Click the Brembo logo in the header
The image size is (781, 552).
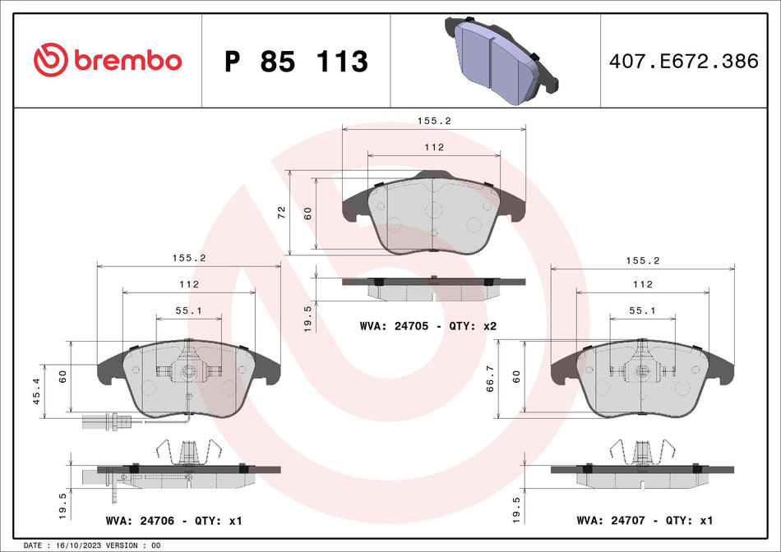click(107, 60)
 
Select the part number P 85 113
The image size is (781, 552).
click(296, 61)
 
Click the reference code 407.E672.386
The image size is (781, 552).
click(684, 61)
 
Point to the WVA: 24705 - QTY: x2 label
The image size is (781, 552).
click(427, 326)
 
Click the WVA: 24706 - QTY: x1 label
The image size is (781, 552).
click(174, 521)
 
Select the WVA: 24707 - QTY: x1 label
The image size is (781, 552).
click(644, 521)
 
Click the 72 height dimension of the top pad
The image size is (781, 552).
click(281, 212)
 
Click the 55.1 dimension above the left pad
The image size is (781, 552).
click(189, 311)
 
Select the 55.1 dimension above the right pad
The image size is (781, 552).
click(641, 311)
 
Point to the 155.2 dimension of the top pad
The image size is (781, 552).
click(433, 120)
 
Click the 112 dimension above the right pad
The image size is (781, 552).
click(642, 284)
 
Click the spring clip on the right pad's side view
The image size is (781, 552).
click(641, 450)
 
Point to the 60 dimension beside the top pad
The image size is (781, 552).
click(307, 212)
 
